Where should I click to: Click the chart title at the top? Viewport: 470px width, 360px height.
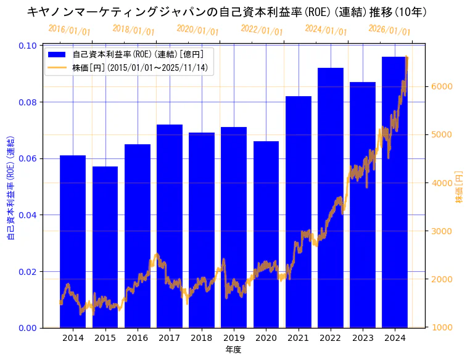coord(227,12)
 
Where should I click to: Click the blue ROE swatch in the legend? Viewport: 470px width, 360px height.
coord(57,54)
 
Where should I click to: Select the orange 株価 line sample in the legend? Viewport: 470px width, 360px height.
coord(57,67)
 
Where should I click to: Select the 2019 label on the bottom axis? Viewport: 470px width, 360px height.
coord(234,338)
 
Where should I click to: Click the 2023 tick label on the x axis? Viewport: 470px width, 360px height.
coord(363,338)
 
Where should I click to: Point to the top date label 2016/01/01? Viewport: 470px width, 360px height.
coord(69,30)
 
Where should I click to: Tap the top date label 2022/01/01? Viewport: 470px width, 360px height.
coord(262,30)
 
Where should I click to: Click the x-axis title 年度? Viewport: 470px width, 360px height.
coord(233,350)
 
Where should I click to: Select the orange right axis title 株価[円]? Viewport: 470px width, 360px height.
coord(459,187)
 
